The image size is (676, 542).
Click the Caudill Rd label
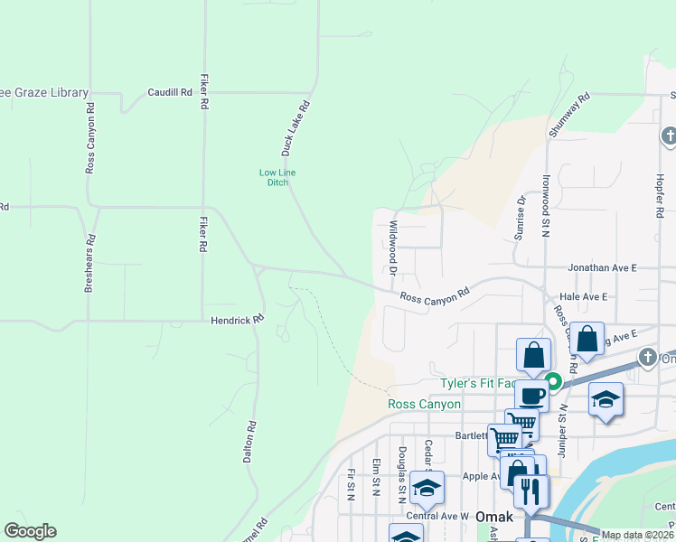pos(171,92)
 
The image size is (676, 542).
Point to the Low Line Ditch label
pos(277,177)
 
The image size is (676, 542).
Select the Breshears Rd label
pos(89,263)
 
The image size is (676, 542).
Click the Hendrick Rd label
pos(237,320)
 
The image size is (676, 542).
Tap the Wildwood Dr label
pos(393,247)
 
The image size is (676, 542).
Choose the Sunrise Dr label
pos(521,219)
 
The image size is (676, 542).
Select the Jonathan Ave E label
pos(602,268)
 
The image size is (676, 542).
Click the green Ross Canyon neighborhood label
pos(425,404)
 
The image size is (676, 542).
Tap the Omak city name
pos(496,518)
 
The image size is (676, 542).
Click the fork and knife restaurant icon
pos(530,491)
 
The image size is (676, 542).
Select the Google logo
pos(30,531)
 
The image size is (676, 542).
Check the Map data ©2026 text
pos(637,535)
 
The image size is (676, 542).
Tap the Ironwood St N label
pos(546,205)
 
